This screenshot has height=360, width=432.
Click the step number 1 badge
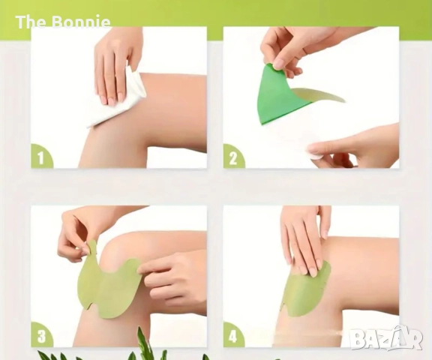(40, 157)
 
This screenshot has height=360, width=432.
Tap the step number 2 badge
(233, 157)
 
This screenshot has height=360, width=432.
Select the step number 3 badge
(41, 335)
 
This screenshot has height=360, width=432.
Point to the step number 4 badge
(233, 335)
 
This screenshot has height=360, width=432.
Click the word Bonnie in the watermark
(81, 22)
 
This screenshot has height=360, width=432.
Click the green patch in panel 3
(110, 286)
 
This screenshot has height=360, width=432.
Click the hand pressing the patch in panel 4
(303, 242)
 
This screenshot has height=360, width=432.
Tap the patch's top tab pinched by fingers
(92, 248)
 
